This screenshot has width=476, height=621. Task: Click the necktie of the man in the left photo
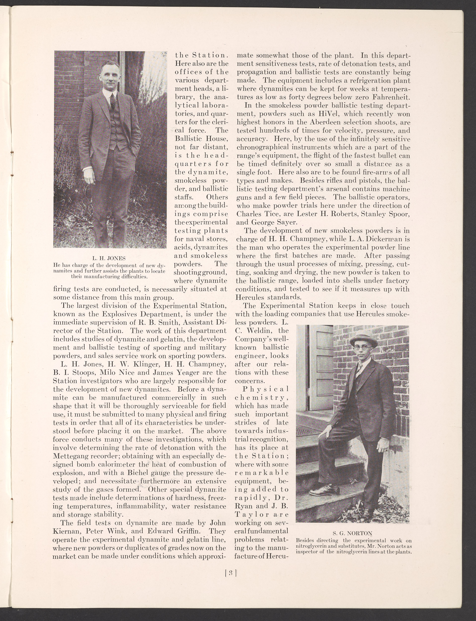(113, 101)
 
